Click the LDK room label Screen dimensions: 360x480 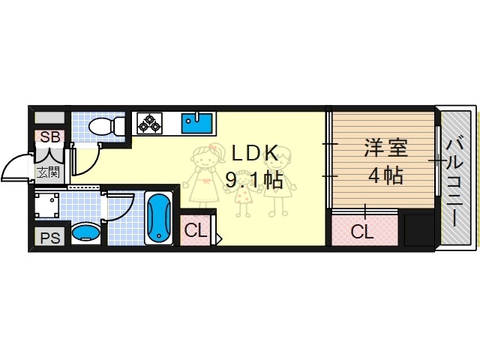click(254, 153)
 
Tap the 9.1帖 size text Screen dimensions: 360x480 click(255, 181)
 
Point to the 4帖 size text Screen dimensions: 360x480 click(385, 175)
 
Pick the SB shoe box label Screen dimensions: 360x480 click(50, 137)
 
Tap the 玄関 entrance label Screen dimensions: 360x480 click(49, 173)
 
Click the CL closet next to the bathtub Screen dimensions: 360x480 click(196, 231)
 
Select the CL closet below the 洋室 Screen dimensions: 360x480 click(362, 232)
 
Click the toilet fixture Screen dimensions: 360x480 click(104, 127)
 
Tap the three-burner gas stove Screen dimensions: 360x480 click(149, 123)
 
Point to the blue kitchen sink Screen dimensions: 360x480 click(197, 123)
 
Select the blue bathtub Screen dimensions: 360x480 click(158, 219)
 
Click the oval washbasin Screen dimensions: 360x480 click(88, 232)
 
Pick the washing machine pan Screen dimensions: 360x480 click(51, 204)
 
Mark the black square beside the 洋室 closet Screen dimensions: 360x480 click(418, 230)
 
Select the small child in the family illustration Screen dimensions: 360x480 click(242, 196)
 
